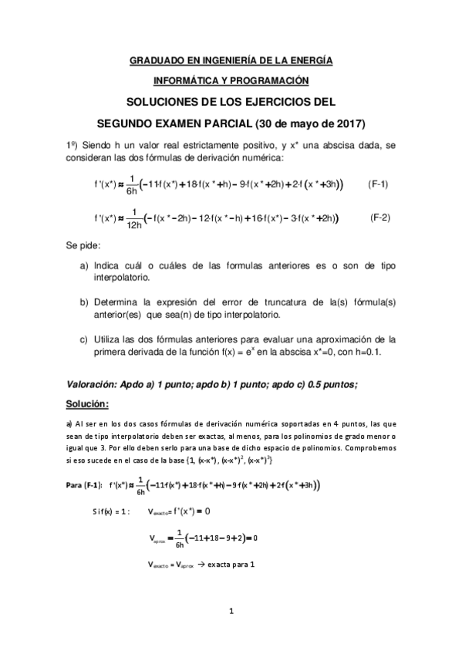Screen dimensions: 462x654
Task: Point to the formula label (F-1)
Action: [376, 184]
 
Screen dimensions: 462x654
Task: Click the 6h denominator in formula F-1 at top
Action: [130, 191]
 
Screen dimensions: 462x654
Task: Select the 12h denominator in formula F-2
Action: [133, 226]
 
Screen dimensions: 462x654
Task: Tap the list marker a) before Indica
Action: [84, 266]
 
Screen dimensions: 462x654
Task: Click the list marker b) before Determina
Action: [84, 302]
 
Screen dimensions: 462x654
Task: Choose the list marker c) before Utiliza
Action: [84, 338]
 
